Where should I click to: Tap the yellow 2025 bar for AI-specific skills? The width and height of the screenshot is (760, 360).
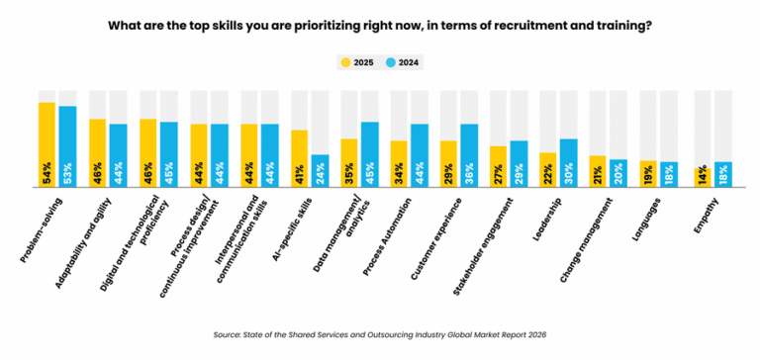click(299, 158)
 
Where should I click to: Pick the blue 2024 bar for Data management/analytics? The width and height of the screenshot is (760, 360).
click(370, 154)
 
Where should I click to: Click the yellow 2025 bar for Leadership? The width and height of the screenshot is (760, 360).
click(547, 169)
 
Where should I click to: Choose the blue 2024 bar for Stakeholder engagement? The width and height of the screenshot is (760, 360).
click(520, 163)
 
